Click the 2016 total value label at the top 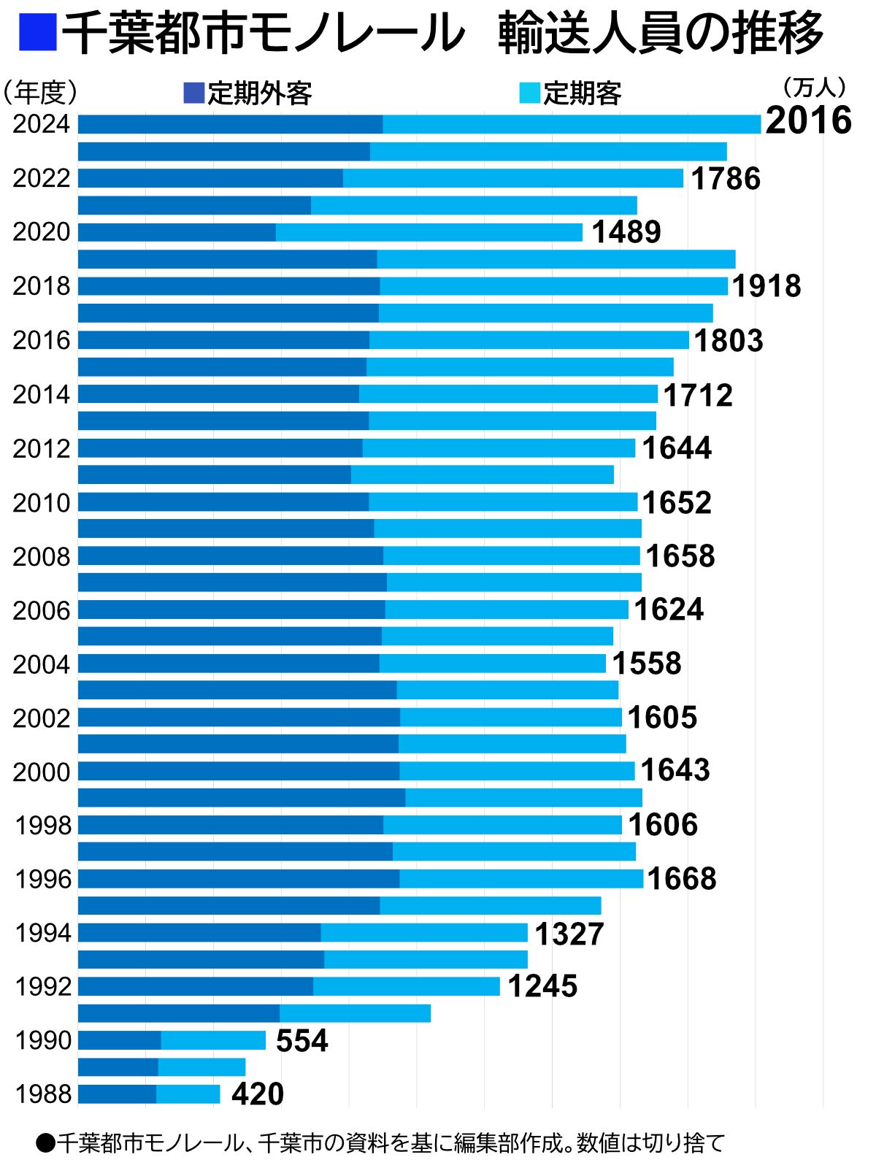pos(808,121)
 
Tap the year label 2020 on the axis pos(42,232)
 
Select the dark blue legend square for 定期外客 pos(193,93)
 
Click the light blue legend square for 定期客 pos(529,93)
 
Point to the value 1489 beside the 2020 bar pos(626,232)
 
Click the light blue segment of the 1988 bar pos(188,1094)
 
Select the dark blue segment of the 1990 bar pos(119,1040)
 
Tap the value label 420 pos(257,1094)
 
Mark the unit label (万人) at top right pos(813,88)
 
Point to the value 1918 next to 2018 pos(766,286)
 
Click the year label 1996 pos(43,879)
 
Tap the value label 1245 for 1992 pos(542,987)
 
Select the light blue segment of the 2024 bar pos(572,125)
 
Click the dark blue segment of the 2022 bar pos(210,178)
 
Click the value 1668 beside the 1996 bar pos(681,879)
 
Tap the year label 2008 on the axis pos(42,557)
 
